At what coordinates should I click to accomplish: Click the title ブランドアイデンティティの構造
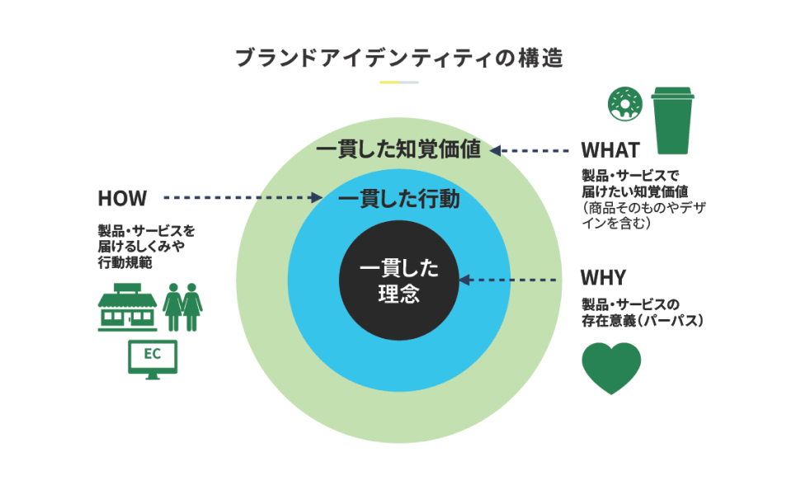tap(398, 59)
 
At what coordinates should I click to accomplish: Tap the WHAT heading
tap(610, 150)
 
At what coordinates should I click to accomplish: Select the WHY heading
tap(602, 276)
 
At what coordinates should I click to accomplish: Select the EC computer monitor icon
tap(153, 358)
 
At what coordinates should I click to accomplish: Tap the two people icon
tap(183, 307)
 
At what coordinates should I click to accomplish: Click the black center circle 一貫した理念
tap(399, 280)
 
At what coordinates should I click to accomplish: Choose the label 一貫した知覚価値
tap(398, 151)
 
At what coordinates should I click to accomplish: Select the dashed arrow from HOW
tap(243, 198)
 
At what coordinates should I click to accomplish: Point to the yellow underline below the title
tap(389, 82)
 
